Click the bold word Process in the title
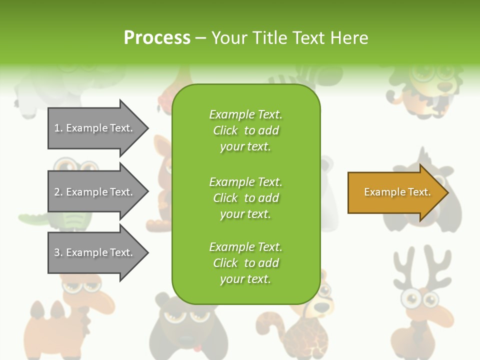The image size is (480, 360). pos(157,37)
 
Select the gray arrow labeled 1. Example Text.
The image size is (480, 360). pos(95,128)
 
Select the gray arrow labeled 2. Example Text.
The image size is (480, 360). pos(95,192)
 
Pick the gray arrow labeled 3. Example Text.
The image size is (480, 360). pos(95,252)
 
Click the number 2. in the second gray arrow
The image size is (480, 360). pos(58,192)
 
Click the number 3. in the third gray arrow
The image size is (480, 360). pos(58,252)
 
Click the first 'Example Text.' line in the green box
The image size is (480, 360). pos(245,114)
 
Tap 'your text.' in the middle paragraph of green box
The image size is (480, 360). pos(245,214)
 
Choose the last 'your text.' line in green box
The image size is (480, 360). pos(245,279)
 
